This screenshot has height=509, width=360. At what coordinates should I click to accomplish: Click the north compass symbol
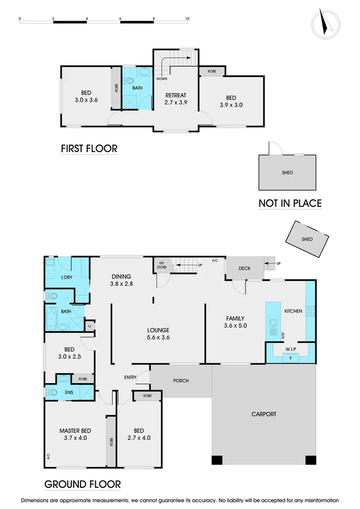pos(326,23)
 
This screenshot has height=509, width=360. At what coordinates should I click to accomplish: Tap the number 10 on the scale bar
pos(187,19)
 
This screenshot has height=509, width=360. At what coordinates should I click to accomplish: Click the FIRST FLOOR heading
pos(89,149)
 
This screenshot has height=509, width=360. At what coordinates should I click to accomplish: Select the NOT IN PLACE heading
pos(290,204)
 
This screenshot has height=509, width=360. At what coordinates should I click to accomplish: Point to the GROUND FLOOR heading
pos(82,484)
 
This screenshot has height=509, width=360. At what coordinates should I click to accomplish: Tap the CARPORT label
pos(264,414)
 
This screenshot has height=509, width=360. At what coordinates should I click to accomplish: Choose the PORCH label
pos(180,380)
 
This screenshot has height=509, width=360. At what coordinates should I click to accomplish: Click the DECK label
pos(245,269)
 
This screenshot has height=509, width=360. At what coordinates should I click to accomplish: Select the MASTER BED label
pos(75,431)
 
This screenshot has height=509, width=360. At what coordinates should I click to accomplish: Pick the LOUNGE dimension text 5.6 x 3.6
pos(158,337)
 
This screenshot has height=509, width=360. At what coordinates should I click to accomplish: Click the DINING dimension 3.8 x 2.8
pos(121,284)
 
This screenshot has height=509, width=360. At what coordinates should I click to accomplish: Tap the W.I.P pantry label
pos(289,349)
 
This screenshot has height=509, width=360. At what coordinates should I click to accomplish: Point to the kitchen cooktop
pos(311,311)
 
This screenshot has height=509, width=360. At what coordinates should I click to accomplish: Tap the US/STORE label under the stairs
pos(162,265)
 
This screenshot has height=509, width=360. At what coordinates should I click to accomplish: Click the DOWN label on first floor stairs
pos(162,79)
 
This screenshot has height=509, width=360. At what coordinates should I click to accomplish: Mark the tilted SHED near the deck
pos(307,239)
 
